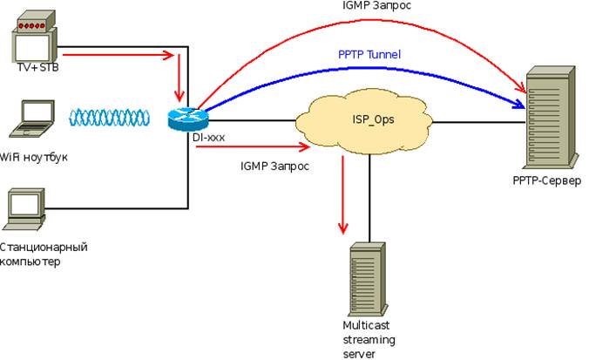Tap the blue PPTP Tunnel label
tap(369, 54)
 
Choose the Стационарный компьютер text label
tap(44, 254)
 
